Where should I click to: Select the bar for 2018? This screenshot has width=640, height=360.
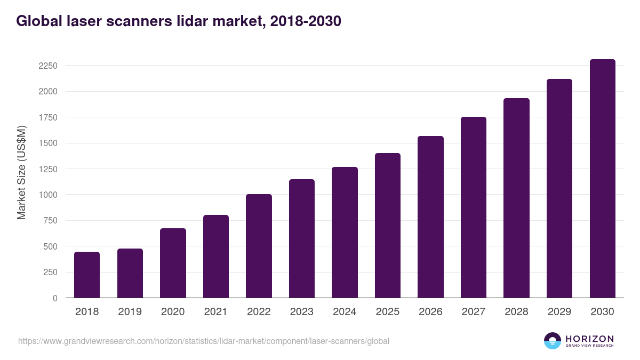(x=87, y=275)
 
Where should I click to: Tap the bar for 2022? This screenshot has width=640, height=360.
(x=259, y=246)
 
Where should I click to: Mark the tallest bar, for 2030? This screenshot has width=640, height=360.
(x=602, y=178)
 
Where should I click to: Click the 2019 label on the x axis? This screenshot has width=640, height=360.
(x=130, y=312)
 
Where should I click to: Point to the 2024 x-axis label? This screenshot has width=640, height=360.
(x=345, y=312)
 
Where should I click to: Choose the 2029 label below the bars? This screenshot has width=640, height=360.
(x=559, y=312)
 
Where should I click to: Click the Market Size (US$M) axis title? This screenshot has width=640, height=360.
(x=22, y=172)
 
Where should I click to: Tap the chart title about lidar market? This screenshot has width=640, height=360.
(x=179, y=21)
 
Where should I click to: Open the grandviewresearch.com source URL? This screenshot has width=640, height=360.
(x=204, y=341)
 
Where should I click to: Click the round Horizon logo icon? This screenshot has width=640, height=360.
(x=553, y=341)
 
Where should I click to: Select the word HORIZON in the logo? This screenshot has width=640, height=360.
(x=589, y=338)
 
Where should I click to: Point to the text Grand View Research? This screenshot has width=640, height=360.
(x=589, y=346)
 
